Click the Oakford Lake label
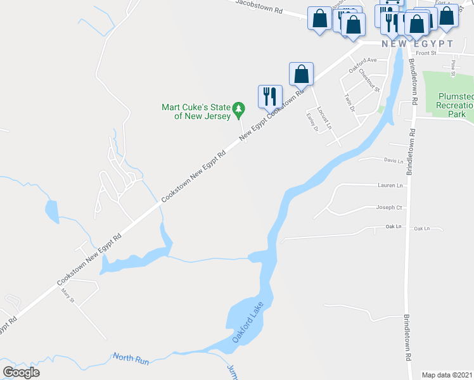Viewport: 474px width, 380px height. [x=247, y=324]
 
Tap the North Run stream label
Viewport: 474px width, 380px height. [x=131, y=359]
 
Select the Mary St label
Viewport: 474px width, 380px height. [x=68, y=294]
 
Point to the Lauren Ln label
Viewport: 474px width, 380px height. [x=390, y=186]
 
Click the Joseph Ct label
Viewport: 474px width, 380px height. [x=389, y=207]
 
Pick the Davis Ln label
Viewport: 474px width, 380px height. [x=394, y=161]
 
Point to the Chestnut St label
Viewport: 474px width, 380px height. [x=368, y=80]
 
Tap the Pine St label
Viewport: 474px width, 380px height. [x=453, y=66]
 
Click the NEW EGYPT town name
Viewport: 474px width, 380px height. [x=417, y=44]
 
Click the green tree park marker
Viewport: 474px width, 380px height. [x=238, y=110]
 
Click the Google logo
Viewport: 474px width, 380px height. [x=21, y=372]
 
